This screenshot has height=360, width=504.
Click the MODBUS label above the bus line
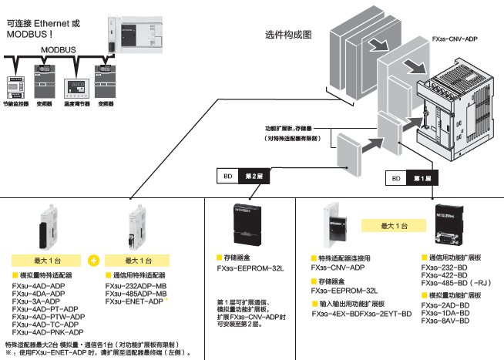(57, 48)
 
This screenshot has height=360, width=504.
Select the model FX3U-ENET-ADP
(133, 301)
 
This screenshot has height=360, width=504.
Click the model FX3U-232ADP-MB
(136, 286)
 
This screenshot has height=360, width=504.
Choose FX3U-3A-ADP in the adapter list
(36, 301)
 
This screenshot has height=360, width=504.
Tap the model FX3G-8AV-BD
(445, 321)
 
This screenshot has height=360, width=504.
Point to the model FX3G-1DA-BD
(445, 313)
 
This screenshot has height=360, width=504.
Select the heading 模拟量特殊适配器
(48, 275)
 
